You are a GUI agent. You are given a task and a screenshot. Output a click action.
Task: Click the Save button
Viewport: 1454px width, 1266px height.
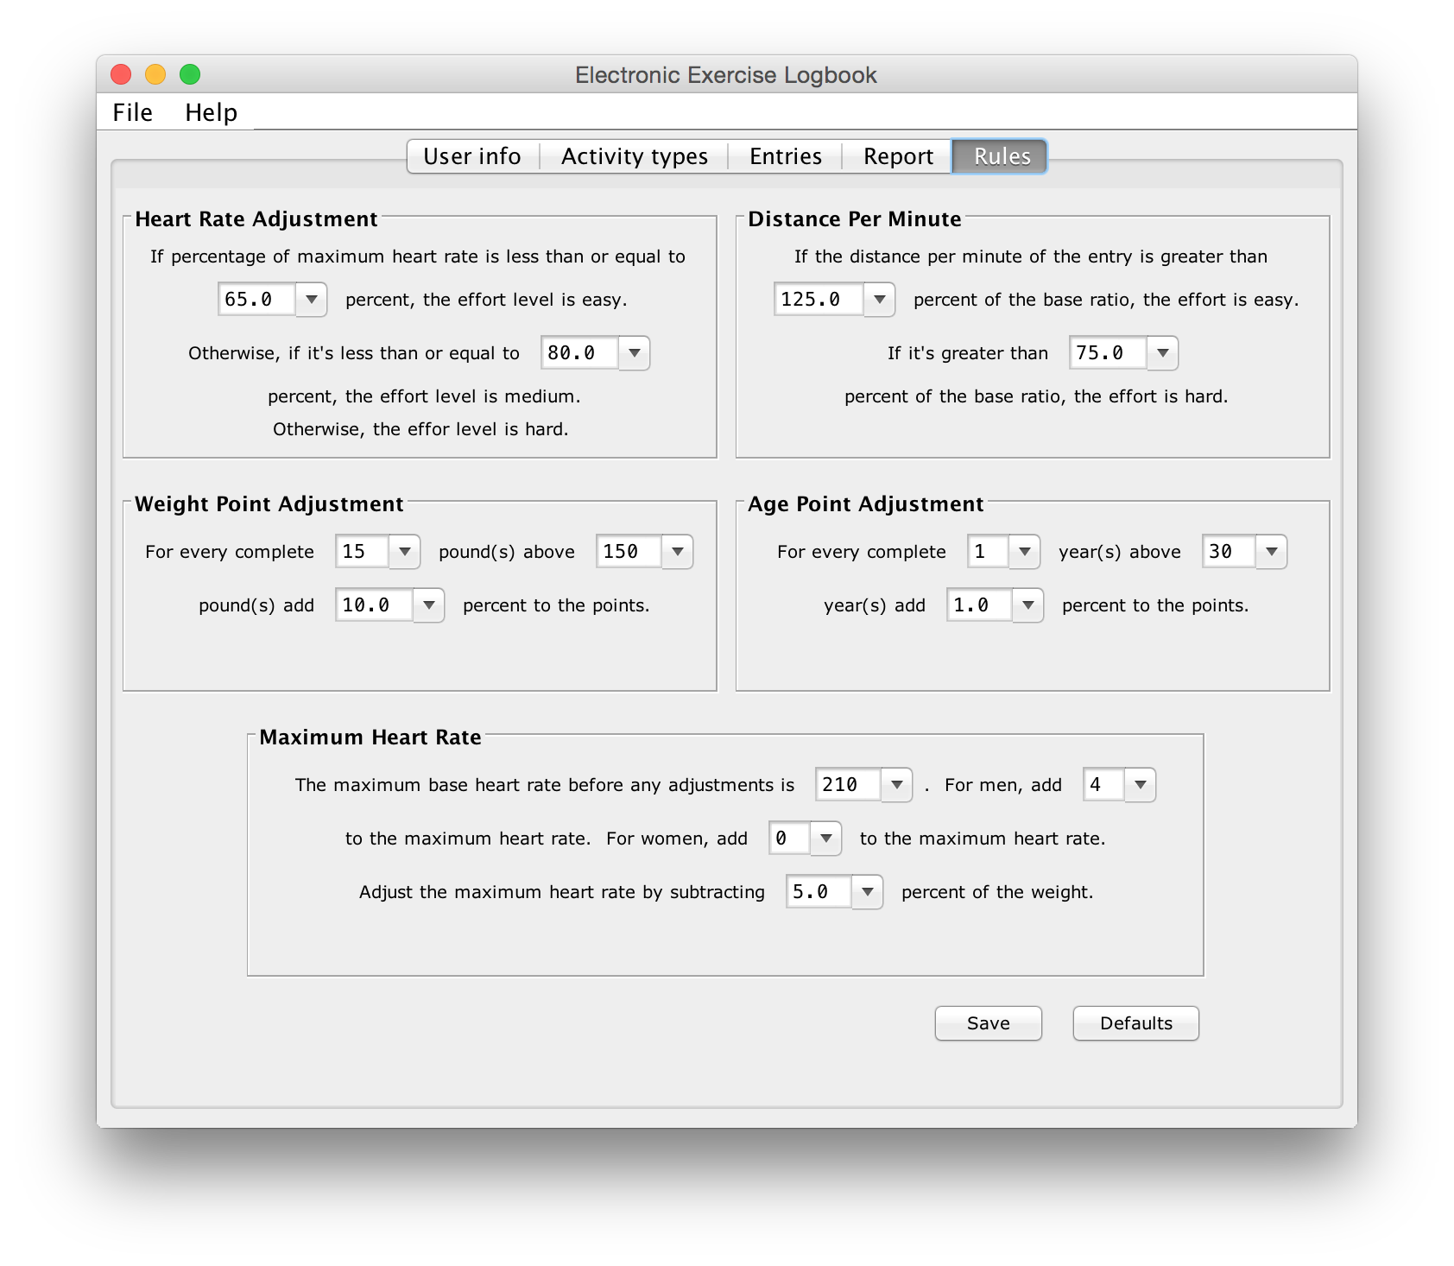pos(988,1023)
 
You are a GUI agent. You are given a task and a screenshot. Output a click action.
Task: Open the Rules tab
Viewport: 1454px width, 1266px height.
pos(1001,156)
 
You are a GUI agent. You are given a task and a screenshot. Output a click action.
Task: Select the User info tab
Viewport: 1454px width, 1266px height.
pos(472,156)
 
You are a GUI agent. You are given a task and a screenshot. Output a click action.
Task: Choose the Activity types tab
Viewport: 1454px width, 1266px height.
pos(634,156)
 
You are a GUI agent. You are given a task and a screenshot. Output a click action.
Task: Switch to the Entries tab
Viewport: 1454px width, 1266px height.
pos(785,156)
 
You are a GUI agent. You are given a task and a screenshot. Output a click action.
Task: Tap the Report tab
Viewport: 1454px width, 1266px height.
pos(898,156)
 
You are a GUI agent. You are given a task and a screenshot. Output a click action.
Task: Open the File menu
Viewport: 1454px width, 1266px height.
pos(132,112)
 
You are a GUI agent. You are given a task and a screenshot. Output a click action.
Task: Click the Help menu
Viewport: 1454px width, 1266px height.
pos(211,112)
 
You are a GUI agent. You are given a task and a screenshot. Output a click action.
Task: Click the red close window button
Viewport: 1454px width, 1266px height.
pos(121,75)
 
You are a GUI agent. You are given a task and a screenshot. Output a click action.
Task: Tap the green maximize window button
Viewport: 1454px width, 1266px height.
pos(190,75)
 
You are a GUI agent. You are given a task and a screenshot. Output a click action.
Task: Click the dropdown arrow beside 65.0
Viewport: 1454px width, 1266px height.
pos(312,300)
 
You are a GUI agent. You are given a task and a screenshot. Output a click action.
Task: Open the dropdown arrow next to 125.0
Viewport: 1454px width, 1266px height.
pos(879,300)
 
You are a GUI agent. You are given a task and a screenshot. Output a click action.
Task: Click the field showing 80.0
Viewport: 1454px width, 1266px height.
pos(579,353)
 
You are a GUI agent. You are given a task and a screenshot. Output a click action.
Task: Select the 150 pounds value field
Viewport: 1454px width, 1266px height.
pos(629,552)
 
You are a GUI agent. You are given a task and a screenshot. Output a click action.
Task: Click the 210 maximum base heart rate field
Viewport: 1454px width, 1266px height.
pos(848,785)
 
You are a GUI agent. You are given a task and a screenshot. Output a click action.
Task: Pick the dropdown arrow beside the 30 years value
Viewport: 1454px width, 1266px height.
pos(1271,552)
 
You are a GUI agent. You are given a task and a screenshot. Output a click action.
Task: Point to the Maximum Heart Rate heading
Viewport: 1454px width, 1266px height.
pos(370,737)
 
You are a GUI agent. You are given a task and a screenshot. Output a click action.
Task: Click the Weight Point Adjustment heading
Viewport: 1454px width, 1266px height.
pos(269,504)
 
